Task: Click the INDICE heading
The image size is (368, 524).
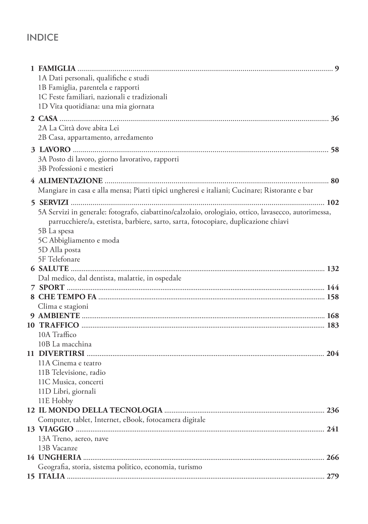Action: point(43,38)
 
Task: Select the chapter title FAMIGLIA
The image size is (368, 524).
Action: point(57,68)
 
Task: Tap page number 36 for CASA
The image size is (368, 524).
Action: point(335,119)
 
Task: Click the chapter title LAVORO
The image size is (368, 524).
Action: point(55,150)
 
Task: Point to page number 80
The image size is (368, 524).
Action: point(335,181)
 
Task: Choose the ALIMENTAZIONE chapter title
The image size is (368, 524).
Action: point(70,181)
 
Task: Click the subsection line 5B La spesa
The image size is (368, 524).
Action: point(56,231)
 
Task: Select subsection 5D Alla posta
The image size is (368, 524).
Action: point(59,250)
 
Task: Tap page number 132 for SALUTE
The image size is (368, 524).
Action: point(332,269)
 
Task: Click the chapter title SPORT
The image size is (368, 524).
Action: point(52,288)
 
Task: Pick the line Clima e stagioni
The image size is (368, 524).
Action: point(63,306)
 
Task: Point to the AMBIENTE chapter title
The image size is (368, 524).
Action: point(59,316)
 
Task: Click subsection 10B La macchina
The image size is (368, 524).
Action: point(65,344)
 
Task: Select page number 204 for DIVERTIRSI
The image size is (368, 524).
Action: point(332,354)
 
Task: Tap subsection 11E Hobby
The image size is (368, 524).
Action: point(55,401)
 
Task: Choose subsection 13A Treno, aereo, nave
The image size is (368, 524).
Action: point(73,439)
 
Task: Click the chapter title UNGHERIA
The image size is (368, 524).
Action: point(60,458)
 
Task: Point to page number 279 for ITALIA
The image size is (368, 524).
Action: point(332,476)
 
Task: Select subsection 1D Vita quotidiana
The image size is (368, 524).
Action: point(96,107)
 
